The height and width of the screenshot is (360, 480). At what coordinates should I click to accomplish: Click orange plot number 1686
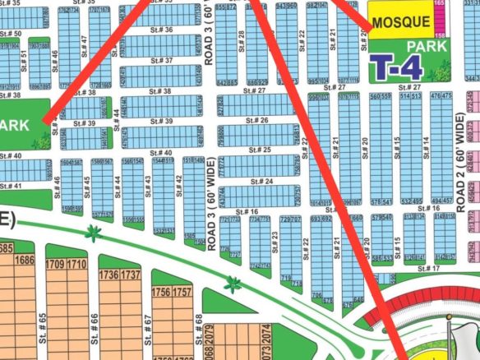coord(25,261)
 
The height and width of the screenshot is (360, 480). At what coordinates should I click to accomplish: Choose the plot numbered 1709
coord(56,265)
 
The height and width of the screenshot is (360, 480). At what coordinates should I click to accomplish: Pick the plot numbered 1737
coord(130,275)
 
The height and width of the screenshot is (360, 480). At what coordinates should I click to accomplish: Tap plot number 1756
coord(161,292)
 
